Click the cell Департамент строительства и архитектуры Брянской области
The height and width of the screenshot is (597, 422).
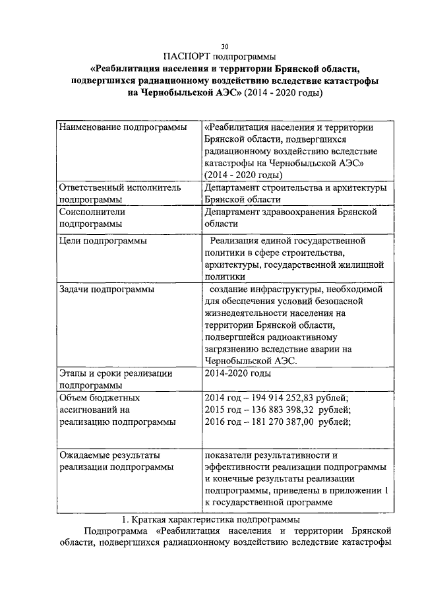click(x=294, y=193)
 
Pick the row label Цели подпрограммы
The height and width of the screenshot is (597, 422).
click(x=103, y=240)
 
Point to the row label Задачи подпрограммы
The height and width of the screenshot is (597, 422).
click(x=107, y=289)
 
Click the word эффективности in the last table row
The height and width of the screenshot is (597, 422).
click(x=239, y=466)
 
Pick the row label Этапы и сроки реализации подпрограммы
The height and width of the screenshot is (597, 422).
click(x=115, y=379)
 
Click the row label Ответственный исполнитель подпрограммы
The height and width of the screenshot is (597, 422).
click(x=119, y=193)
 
